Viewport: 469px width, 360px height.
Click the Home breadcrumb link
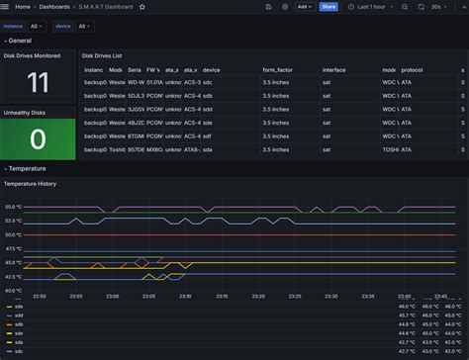22,6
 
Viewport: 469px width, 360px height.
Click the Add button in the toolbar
303,6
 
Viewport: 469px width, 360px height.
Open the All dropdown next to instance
36,26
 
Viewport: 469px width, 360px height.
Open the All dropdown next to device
85,26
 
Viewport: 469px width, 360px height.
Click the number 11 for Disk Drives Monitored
38,82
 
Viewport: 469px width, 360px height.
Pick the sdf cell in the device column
210,135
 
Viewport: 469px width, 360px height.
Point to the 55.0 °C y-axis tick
14,207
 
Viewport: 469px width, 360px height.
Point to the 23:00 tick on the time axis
112,295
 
